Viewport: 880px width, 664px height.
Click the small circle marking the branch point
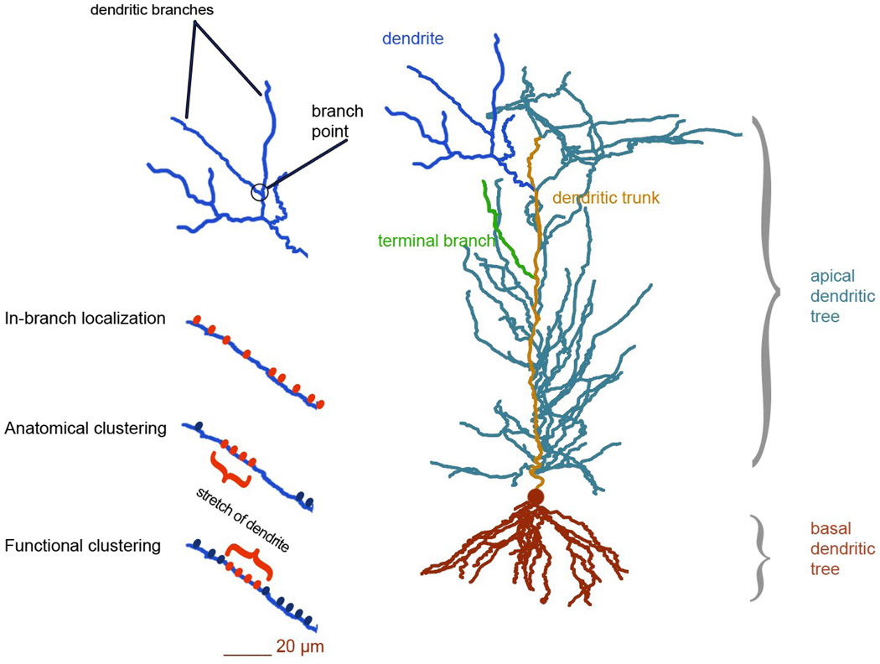pos(260,192)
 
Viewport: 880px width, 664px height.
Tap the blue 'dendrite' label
pos(412,38)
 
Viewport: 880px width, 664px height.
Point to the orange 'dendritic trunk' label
pos(606,199)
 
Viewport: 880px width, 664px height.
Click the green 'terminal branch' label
pos(436,241)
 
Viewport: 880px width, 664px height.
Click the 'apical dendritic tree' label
pos(843,296)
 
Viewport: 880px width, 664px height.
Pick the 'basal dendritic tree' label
pos(842,549)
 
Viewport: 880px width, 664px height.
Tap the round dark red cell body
pos(535,498)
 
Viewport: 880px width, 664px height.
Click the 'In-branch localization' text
pos(85,319)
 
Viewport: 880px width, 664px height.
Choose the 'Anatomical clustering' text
pos(85,428)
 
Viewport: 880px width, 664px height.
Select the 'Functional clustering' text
pos(82,546)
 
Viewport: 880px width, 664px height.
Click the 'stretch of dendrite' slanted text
pos(242,518)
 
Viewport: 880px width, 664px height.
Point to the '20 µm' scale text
pos(299,646)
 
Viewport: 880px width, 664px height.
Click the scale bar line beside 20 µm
pos(247,651)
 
